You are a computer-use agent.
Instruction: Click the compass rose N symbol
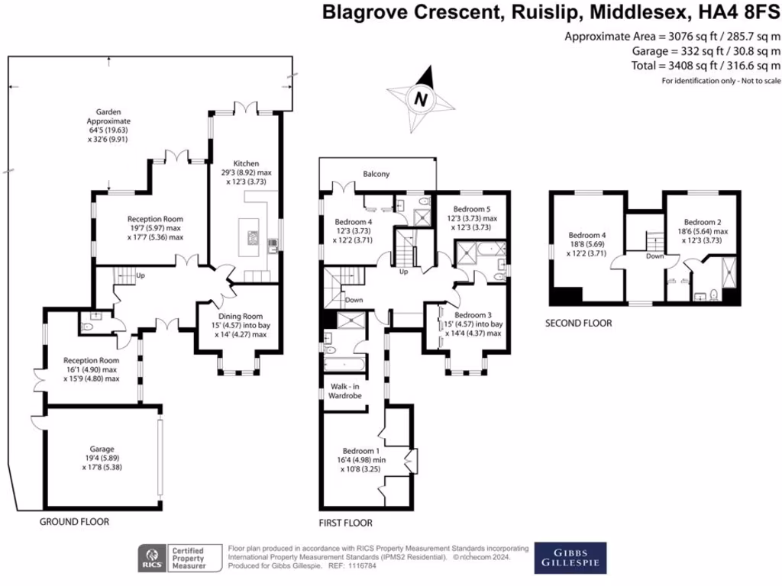[x=419, y=98]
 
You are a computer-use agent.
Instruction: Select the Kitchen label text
[x=246, y=163]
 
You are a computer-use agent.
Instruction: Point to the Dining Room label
[x=241, y=317]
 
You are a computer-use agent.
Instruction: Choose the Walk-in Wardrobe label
[x=344, y=391]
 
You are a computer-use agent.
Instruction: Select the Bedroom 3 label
[x=473, y=314]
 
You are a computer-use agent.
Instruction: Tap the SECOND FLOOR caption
[x=578, y=323]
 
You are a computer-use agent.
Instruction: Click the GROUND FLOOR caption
[x=74, y=523]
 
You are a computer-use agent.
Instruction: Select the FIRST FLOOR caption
[x=345, y=523]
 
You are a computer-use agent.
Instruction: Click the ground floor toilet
[x=89, y=326]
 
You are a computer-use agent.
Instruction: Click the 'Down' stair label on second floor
[x=654, y=257]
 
